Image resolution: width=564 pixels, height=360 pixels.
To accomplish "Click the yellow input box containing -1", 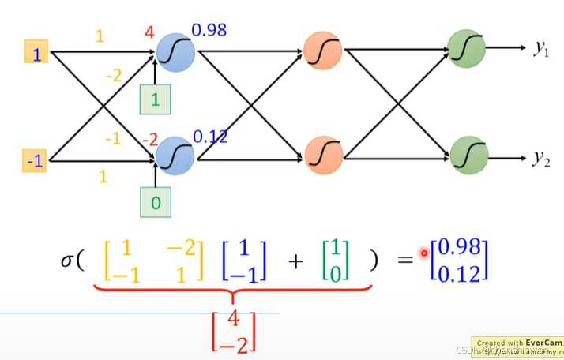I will pyautogui.click(x=36, y=162).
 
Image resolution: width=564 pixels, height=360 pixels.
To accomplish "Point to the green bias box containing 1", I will pyautogui.click(x=155, y=100).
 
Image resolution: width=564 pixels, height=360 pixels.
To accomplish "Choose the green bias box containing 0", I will pyautogui.click(x=156, y=202).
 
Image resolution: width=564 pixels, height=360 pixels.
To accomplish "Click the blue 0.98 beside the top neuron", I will pyautogui.click(x=209, y=32).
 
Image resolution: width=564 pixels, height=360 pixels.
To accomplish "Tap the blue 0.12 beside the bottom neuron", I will pyautogui.click(x=209, y=136).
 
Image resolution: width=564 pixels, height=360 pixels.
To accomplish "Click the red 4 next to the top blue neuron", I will pyautogui.click(x=149, y=34).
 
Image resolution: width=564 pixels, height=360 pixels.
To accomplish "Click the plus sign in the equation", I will pyautogui.click(x=296, y=262).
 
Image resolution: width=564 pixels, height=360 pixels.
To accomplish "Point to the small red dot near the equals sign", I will pyautogui.click(x=424, y=253).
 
